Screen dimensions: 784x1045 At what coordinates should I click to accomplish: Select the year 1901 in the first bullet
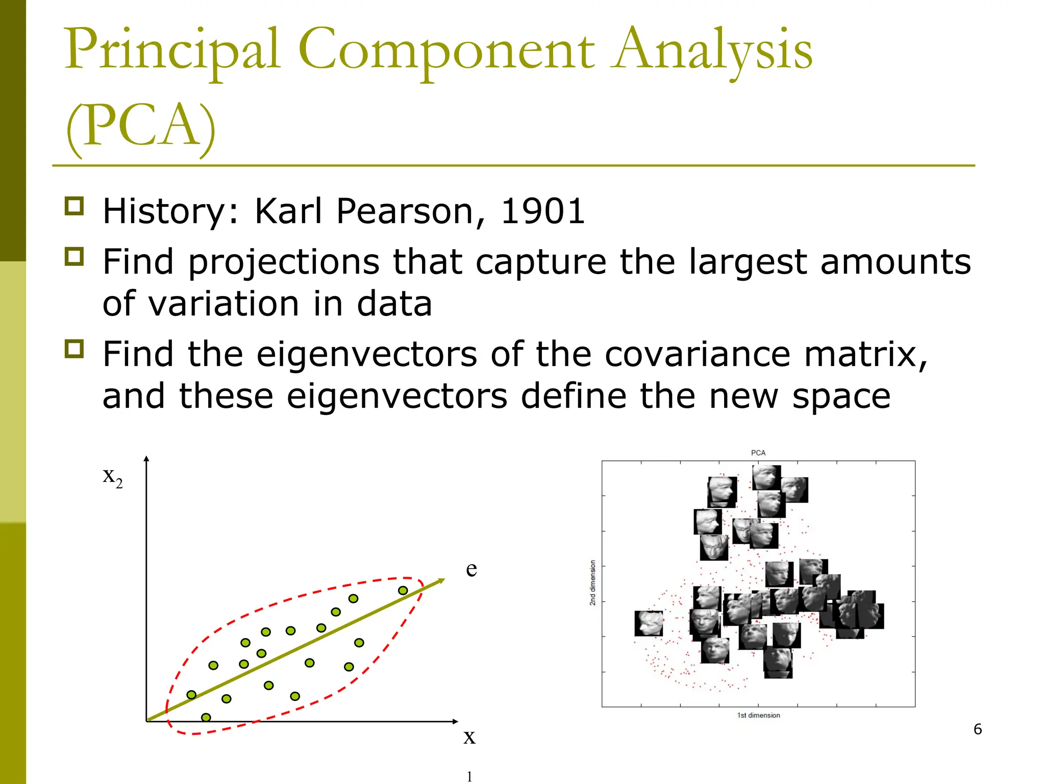542,211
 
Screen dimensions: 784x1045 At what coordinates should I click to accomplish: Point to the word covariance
697,354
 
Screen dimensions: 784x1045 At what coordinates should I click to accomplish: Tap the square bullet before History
74,206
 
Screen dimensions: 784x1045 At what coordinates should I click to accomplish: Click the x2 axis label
113,477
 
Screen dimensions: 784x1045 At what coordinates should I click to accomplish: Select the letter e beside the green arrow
471,569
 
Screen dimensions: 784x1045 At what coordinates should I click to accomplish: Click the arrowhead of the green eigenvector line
441,581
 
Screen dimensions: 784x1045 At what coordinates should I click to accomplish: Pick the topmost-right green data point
403,591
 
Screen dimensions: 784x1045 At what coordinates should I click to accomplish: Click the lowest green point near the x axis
206,718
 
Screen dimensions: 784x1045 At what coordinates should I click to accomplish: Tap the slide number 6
977,729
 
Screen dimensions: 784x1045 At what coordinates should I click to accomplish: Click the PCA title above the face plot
758,453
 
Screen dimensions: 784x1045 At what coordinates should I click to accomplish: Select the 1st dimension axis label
758,715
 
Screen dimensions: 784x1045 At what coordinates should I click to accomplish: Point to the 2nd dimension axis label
592,583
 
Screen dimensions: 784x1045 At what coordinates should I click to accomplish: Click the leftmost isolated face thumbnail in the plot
649,623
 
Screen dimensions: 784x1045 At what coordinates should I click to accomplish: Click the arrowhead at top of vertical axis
146,459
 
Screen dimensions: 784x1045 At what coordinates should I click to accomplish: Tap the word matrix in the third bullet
865,354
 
